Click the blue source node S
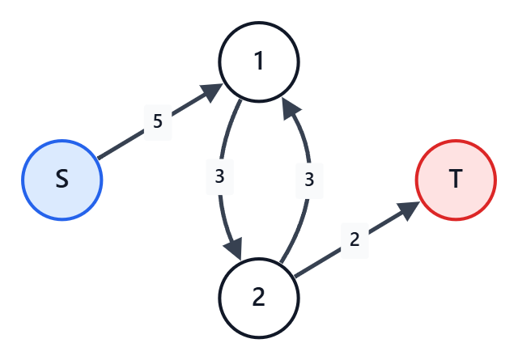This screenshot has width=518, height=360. coord(62,180)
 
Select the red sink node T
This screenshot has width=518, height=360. coord(456,180)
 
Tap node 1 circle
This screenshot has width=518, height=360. coord(259,61)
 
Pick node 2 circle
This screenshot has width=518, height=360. coord(259,299)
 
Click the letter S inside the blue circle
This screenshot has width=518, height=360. coord(62,179)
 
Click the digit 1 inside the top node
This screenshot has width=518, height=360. coord(259,61)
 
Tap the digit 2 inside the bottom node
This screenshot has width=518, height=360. coord(259,297)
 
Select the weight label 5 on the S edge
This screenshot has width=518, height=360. coord(158,121)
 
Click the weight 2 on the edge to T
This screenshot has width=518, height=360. coord(355,239)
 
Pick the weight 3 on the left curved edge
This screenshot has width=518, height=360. coord(219,176)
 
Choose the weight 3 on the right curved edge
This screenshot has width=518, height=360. coord(309,180)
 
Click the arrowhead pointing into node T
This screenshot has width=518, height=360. coord(410,210)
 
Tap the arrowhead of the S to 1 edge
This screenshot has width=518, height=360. coord(212,92)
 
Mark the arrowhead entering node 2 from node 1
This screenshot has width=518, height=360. coord(234,248)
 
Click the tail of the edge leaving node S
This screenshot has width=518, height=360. coord(98,159)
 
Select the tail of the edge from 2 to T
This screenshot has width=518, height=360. coord(295,277)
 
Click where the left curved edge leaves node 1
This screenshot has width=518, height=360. coord(241,100)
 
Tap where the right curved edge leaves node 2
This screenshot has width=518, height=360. coord(281,263)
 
